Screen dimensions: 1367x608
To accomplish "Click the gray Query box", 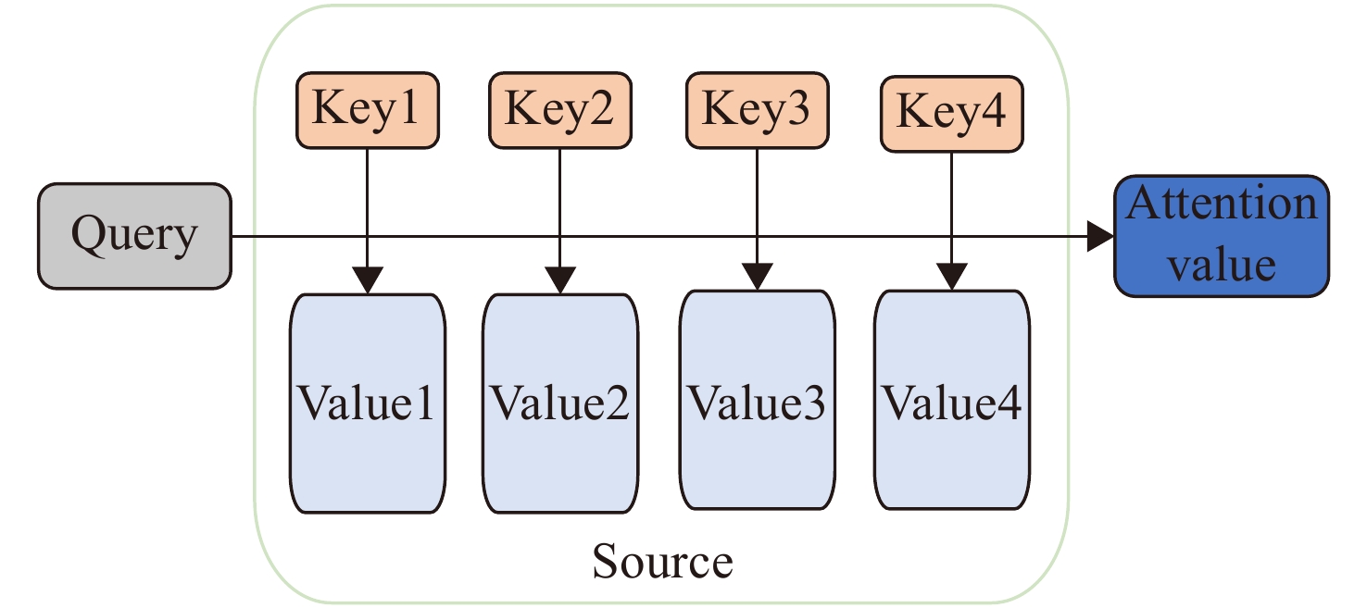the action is click(x=135, y=236).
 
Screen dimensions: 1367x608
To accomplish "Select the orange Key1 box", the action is click(x=368, y=110).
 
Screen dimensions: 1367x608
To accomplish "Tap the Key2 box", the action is click(x=560, y=110).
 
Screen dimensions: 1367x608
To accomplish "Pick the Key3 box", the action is click(x=758, y=110).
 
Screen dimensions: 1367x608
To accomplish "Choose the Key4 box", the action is click(x=952, y=114).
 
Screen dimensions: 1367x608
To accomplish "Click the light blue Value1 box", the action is click(x=368, y=403).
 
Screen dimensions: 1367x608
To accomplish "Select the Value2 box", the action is click(x=560, y=403).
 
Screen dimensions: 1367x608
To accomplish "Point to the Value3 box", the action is click(x=758, y=400).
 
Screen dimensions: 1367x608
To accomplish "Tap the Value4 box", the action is click(x=952, y=400).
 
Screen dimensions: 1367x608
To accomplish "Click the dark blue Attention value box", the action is click(x=1222, y=236).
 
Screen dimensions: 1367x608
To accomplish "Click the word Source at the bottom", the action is click(x=663, y=561).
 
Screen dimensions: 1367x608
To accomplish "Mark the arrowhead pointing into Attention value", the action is click(x=1100, y=236).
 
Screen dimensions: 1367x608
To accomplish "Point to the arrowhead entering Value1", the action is click(x=368, y=279).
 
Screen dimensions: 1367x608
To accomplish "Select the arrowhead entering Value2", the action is click(x=560, y=279).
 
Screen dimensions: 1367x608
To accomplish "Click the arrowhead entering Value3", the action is click(x=758, y=277).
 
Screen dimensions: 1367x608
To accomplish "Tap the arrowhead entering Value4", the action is click(x=952, y=277).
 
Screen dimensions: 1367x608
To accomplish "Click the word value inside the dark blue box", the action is click(x=1222, y=265).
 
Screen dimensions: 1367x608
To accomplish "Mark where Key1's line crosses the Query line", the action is click(x=368, y=236).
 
